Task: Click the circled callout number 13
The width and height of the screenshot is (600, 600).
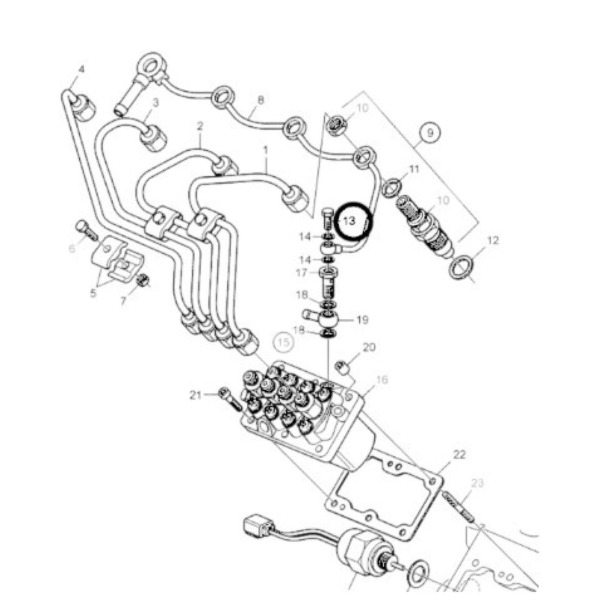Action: tap(350, 221)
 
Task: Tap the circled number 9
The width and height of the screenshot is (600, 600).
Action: tap(430, 133)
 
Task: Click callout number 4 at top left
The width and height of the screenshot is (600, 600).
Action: tap(81, 69)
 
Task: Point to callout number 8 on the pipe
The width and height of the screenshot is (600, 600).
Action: tap(260, 100)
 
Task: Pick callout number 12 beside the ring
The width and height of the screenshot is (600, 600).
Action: tap(493, 240)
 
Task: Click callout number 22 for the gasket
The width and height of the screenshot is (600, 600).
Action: tap(459, 455)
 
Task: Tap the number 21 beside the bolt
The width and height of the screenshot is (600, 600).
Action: tap(196, 395)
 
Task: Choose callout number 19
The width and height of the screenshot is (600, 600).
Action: tap(362, 320)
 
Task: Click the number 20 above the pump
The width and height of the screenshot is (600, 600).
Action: tap(369, 347)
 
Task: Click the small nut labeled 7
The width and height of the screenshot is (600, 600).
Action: tap(142, 280)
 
